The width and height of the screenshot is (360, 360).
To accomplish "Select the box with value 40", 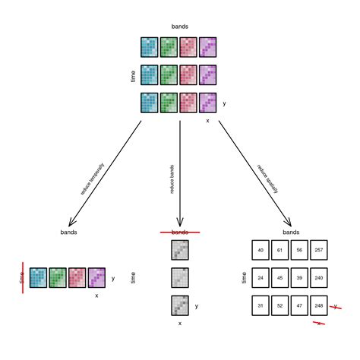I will pyautogui.click(x=261, y=250).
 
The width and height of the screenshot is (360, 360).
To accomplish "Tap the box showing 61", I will pyautogui.click(x=281, y=250).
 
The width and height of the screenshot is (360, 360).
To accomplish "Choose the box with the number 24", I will pyautogui.click(x=261, y=278).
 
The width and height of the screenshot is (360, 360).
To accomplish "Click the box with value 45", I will pyautogui.click(x=281, y=278).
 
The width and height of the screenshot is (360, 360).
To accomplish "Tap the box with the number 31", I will pyautogui.click(x=261, y=306).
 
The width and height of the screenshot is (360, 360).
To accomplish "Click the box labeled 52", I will pyautogui.click(x=281, y=306).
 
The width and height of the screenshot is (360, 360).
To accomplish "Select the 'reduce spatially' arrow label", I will pyautogui.click(x=268, y=176).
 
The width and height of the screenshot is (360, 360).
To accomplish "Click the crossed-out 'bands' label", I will pyautogui.click(x=179, y=232).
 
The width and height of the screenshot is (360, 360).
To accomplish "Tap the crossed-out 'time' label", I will pyautogui.click(x=22, y=278).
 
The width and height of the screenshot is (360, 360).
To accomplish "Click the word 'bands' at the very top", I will pyautogui.click(x=180, y=27).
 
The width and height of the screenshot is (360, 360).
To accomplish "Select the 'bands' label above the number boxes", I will pyautogui.click(x=291, y=232).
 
